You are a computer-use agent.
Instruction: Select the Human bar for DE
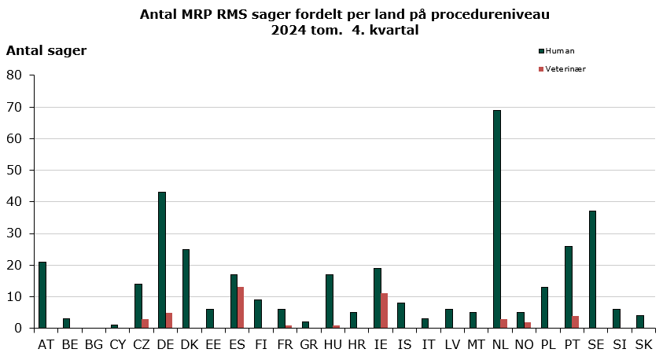[162, 259]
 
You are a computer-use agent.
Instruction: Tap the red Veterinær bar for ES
[241, 307]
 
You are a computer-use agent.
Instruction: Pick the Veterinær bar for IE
[385, 310]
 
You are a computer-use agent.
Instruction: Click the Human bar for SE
[593, 269]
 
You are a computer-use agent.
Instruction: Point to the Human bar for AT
[42, 295]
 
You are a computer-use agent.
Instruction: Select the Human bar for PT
[569, 287]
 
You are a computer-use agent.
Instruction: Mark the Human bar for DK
[186, 288]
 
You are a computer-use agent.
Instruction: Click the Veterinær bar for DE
[169, 320]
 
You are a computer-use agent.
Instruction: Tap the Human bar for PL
[545, 307]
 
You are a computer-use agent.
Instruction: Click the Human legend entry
[559, 51]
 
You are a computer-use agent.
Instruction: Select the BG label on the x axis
[94, 344]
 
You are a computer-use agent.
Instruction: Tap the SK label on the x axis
[643, 344]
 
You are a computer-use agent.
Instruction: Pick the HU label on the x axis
[333, 344]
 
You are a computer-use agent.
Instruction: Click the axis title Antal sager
[46, 51]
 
